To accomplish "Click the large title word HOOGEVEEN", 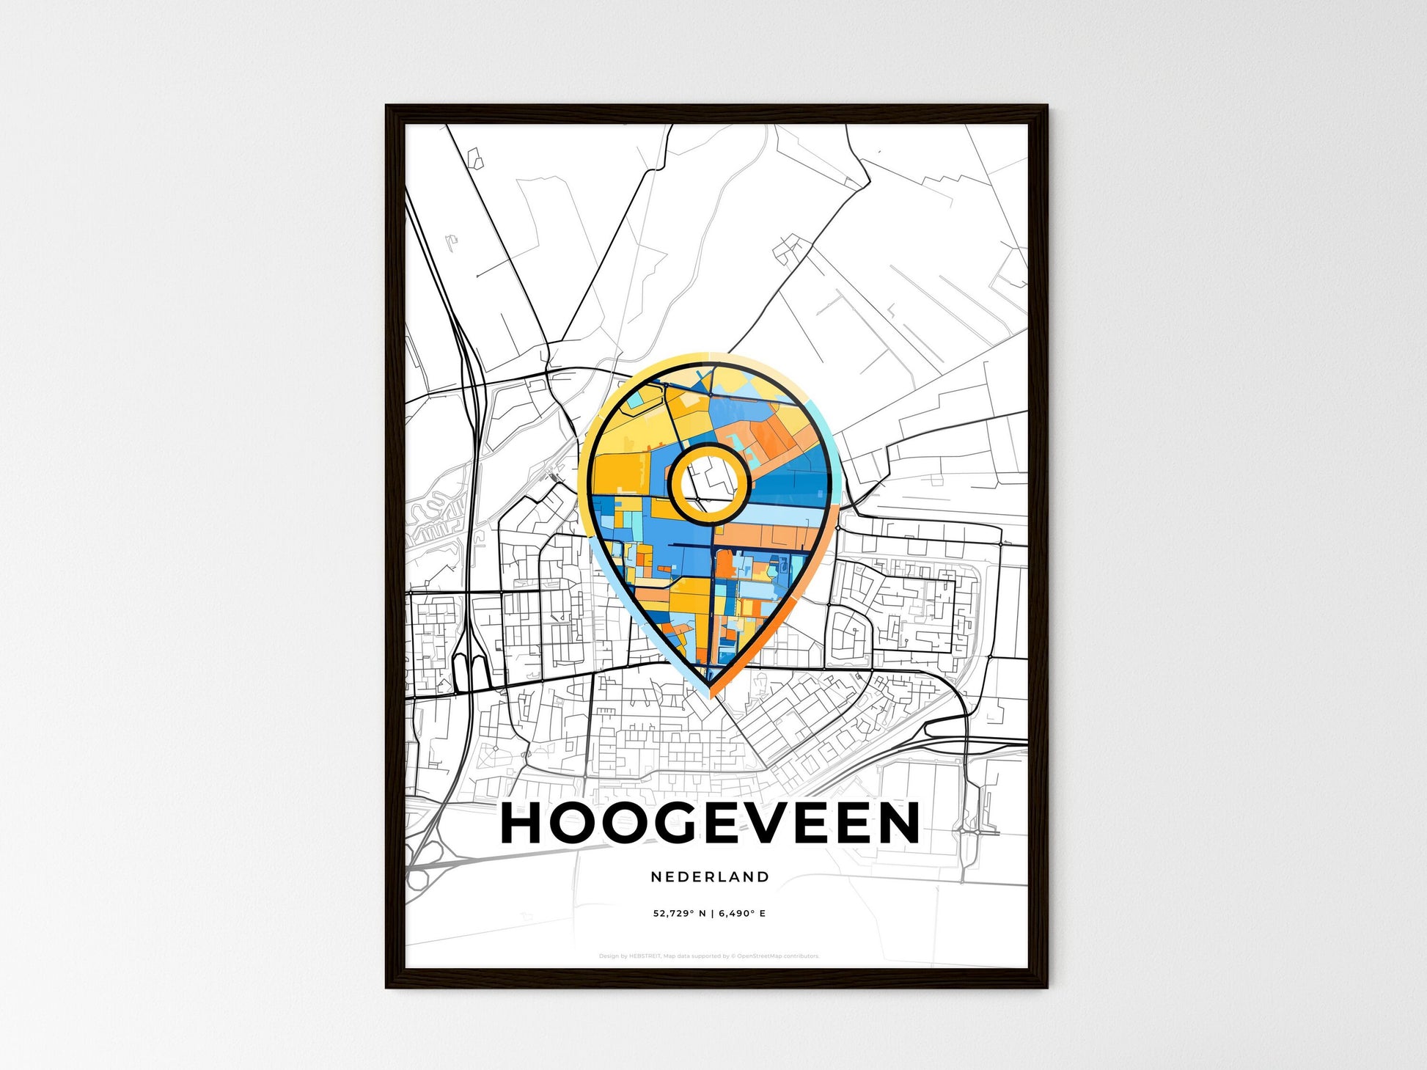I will pos(710,823).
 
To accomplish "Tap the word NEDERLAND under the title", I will pos(710,876).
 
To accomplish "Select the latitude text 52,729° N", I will pos(680,914).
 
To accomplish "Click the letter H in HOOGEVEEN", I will pos(522,823).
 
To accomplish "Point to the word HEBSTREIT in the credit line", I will pos(645,956).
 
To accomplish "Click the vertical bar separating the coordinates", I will pos(711,914).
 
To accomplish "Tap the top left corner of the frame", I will pos(387,107).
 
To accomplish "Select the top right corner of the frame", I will pos(1046,107).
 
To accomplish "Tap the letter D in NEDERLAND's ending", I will pos(763,876).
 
